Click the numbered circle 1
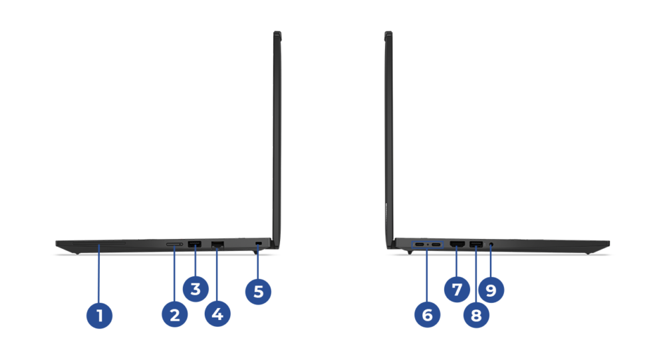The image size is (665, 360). coord(99,315)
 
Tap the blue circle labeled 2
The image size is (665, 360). coord(175,315)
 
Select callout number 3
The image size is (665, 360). coord(196,289)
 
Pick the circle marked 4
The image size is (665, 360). coord(217,314)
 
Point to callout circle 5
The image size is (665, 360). coord(258,291)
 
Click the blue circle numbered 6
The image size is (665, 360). coord(427,315)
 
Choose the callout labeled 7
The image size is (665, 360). coord(457,289)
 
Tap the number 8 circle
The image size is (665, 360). coord(476,315)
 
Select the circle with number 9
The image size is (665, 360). coord(491,290)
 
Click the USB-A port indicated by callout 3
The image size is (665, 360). coord(195,244)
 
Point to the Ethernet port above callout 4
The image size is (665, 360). coord(217,244)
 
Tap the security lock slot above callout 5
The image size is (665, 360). coord(258,243)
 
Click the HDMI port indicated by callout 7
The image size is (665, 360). coord(458,244)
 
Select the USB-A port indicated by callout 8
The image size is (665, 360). coord(476,244)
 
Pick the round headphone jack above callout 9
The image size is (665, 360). coord(491,244)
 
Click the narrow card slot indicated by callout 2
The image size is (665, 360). coord(174,244)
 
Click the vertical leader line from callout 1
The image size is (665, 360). coord(99,273)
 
